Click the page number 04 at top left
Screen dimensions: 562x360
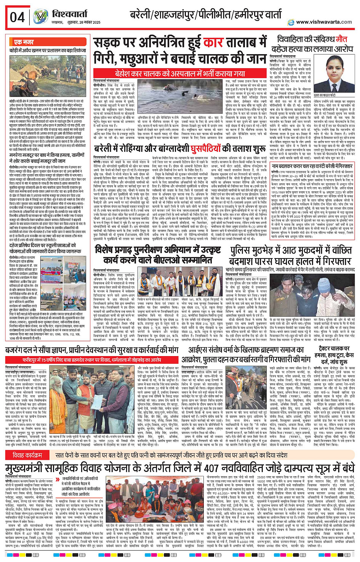click(x=17, y=17)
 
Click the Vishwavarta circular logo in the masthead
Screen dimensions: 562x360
click(x=40, y=17)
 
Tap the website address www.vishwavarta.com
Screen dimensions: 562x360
click(x=324, y=22)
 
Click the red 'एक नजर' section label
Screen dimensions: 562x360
click(x=24, y=42)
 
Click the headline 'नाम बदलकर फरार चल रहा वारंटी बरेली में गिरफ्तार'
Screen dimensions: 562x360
click(x=312, y=166)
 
